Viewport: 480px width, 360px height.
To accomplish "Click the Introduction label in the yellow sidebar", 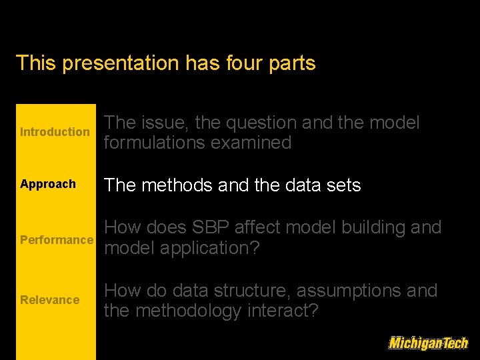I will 55,132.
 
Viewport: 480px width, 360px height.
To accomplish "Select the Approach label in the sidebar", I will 48,184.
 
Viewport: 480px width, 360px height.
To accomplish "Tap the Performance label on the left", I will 57,240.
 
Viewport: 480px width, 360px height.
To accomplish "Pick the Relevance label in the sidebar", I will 49,300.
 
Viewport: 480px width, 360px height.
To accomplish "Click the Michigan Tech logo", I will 428,343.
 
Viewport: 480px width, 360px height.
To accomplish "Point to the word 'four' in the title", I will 238,63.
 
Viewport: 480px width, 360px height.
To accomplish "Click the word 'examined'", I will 254,143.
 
